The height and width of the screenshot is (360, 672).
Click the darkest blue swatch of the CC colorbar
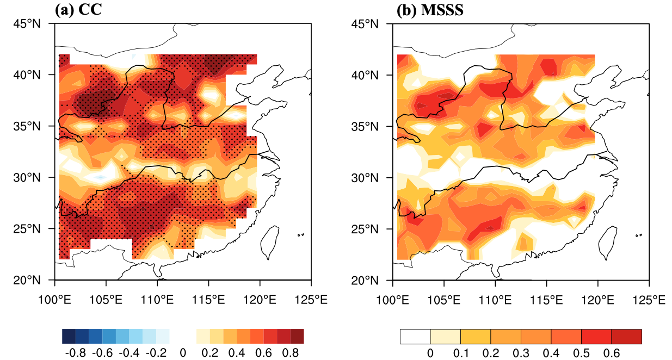tap(69, 336)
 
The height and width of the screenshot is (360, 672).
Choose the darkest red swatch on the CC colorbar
tap(297, 336)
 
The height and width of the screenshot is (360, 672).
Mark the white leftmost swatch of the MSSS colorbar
tap(415, 336)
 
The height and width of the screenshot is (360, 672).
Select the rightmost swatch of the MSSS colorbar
tap(626, 336)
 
